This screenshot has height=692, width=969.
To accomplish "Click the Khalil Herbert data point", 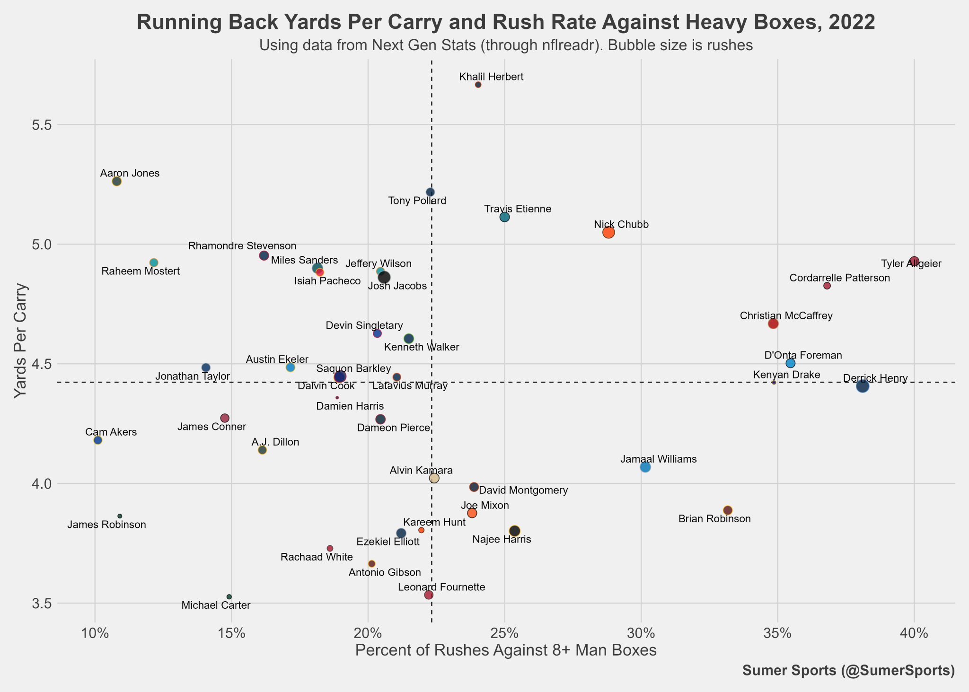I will (x=478, y=85).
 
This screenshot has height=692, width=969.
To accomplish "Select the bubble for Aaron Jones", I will (x=117, y=182).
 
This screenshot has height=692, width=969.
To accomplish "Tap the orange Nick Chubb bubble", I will (x=608, y=232).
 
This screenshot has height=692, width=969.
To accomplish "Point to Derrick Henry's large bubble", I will (x=863, y=386).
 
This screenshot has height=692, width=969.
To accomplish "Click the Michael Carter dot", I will (x=229, y=597).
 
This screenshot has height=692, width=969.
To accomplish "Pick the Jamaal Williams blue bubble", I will (x=645, y=467).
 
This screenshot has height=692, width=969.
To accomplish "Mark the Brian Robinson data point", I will (x=728, y=510).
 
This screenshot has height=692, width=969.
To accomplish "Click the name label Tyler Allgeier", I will (x=904, y=264).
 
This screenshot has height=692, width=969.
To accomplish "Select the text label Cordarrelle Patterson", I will (x=839, y=278).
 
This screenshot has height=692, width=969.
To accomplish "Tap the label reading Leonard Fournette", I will (x=441, y=587).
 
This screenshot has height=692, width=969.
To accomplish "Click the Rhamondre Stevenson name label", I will (x=242, y=246).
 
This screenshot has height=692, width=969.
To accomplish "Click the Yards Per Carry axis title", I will (x=20, y=341).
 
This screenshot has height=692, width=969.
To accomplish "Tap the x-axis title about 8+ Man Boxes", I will (x=505, y=650).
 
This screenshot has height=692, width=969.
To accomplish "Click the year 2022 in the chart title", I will (x=852, y=23).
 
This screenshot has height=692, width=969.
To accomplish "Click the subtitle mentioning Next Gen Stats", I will (x=505, y=45).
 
